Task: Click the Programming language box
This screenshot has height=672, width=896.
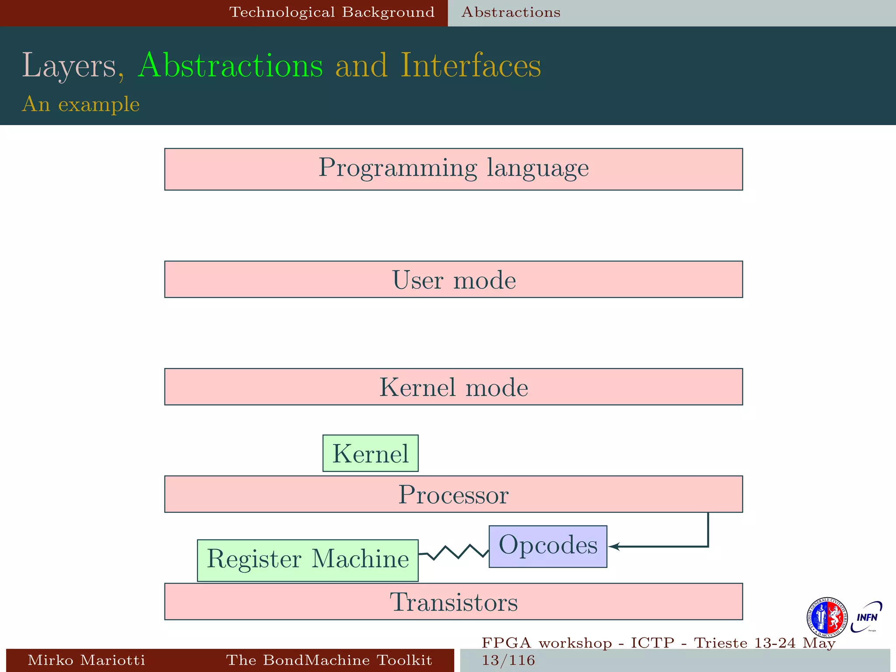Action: point(453,169)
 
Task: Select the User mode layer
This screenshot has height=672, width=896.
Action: point(453,280)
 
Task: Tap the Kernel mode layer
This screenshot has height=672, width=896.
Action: point(453,387)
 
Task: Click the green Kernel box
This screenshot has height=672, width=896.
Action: point(370,453)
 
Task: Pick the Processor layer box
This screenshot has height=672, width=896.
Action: point(453,494)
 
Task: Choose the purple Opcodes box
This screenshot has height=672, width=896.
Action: point(548,546)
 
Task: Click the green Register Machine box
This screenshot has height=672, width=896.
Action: point(308,560)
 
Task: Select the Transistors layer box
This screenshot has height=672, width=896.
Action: point(453,602)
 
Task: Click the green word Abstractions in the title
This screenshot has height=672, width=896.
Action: point(230,66)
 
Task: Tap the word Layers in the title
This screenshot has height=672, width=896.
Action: point(69,66)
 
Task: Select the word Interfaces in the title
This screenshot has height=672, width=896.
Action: point(471,66)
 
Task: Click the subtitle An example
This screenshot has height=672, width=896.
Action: point(81,104)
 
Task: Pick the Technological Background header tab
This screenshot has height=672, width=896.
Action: point(332,12)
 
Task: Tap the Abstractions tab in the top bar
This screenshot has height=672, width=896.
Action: point(511,12)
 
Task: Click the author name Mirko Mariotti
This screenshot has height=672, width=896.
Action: point(86,660)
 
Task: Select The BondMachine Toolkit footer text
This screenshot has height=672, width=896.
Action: point(329,660)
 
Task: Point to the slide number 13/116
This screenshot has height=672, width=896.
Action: point(508,660)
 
